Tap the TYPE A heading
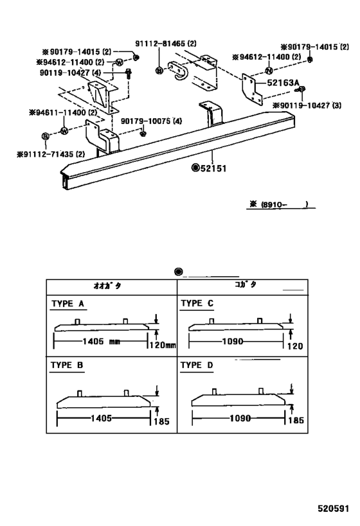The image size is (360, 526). click(x=67, y=303)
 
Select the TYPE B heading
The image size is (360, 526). click(x=67, y=365)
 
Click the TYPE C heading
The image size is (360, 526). click(x=197, y=303)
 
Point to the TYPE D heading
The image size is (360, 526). click(x=197, y=365)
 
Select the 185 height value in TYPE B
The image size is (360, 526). click(x=161, y=421)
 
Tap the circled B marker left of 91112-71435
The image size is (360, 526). click(x=45, y=137)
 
